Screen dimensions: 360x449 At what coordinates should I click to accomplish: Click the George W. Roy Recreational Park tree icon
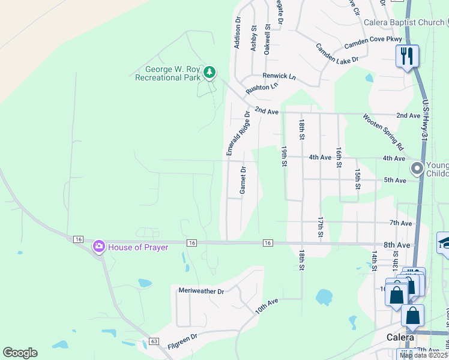coord(209,73)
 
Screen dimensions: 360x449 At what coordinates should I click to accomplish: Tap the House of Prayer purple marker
coord(98,247)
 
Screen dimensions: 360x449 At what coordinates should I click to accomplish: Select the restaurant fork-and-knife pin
coord(407,56)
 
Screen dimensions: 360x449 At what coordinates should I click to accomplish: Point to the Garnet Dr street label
coord(243,180)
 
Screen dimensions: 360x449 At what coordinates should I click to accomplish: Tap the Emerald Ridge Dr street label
coord(238,133)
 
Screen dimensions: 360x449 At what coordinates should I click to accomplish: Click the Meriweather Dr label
coord(201,291)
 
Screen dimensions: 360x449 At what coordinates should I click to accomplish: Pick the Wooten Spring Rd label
coord(383,131)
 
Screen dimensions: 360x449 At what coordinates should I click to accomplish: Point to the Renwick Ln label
coord(279,76)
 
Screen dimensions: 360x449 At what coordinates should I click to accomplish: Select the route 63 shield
coord(154,341)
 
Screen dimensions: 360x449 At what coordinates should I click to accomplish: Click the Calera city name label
coord(400,337)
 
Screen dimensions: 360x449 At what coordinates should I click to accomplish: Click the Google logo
coord(20,353)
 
